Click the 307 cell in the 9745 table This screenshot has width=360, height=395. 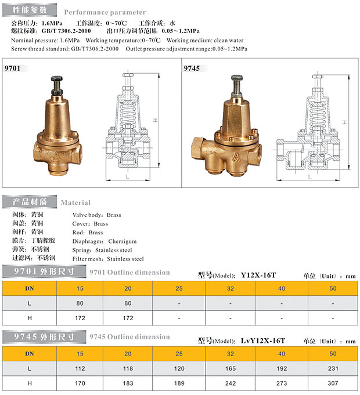point(333,383)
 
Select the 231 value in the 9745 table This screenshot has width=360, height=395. point(333,368)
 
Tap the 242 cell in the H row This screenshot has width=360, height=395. point(230,383)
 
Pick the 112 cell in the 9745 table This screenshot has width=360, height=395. point(80,368)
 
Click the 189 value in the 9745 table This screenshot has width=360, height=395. point(179,383)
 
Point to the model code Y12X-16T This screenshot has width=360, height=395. point(258,275)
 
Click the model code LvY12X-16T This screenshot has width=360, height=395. point(263,340)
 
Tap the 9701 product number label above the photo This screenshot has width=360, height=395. point(12,68)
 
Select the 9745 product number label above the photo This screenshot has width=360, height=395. point(192,68)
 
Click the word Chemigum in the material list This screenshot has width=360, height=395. point(123,241)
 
